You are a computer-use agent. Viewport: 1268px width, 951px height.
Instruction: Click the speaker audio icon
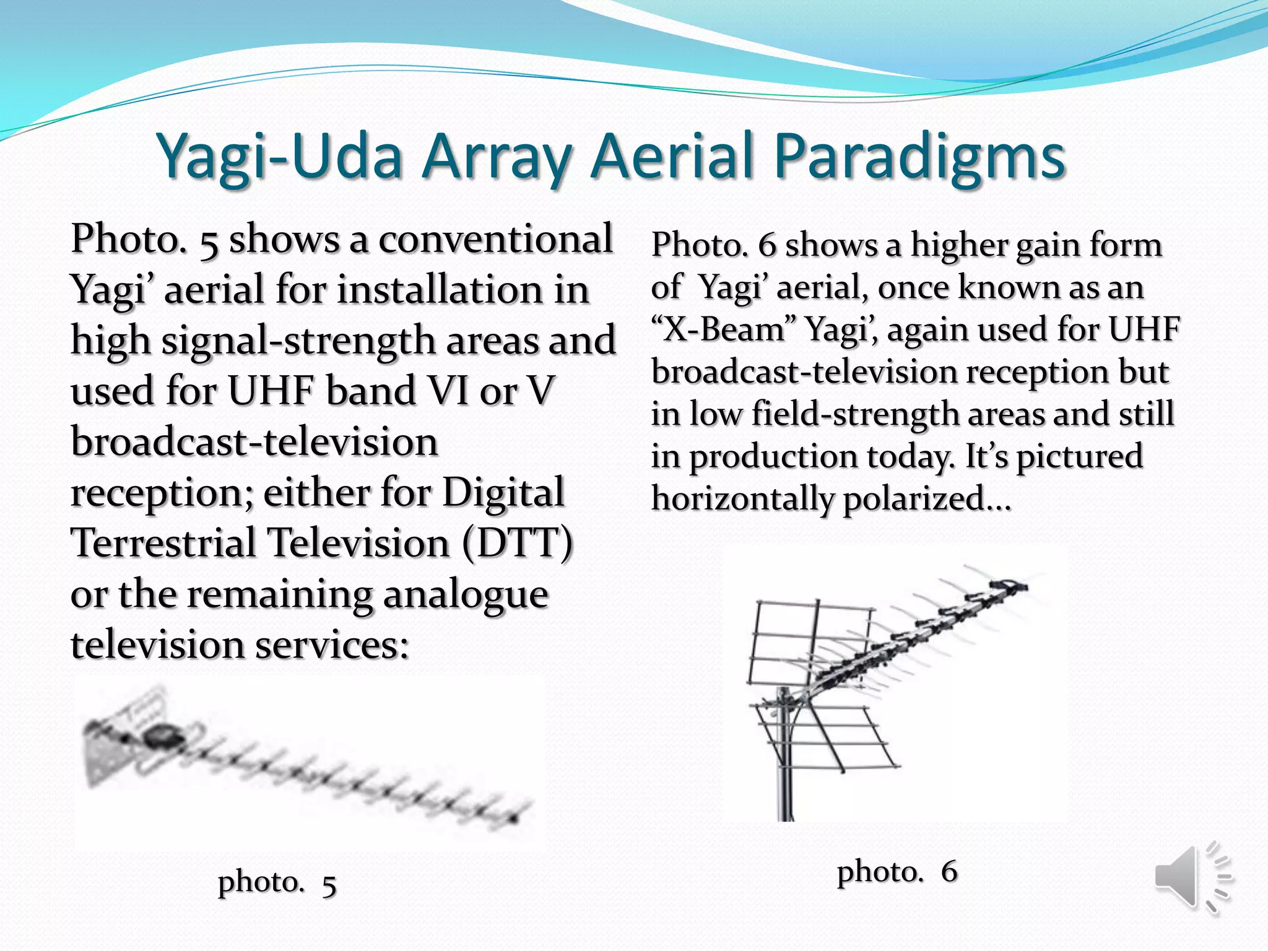[1191, 878]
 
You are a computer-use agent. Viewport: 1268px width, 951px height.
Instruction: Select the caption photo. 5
[277, 882]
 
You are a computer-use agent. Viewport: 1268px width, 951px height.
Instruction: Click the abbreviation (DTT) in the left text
[518, 543]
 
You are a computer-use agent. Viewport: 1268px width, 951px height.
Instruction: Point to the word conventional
[495, 239]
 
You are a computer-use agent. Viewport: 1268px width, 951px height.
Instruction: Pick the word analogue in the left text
[465, 594]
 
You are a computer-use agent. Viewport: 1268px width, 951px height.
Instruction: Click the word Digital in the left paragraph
[503, 493]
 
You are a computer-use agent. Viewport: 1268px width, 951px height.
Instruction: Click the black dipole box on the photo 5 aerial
[162, 737]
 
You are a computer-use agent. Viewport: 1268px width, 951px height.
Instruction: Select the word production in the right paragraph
[773, 456]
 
